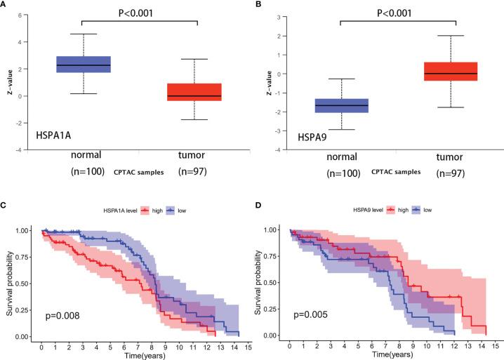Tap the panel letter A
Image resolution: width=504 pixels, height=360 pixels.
pos(5,6)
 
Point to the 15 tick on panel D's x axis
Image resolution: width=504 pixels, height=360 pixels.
pos(496,346)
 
